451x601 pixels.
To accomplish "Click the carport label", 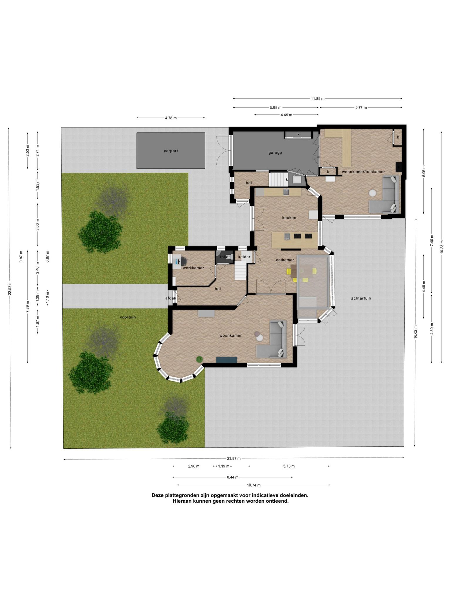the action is click(x=171, y=151).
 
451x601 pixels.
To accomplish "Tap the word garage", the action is click(x=275, y=153).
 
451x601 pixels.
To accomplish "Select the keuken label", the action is click(x=289, y=218).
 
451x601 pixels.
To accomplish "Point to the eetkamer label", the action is click(x=285, y=260).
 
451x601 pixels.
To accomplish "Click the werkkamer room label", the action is click(x=193, y=268).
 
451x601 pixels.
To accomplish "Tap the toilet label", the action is click(x=225, y=257).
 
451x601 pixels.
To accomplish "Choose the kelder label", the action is click(x=244, y=257).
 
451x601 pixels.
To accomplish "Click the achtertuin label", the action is click(x=361, y=298).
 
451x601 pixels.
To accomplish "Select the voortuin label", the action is click(x=128, y=317).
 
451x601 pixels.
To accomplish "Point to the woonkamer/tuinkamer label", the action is click(x=363, y=172).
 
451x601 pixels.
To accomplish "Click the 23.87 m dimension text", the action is click(x=234, y=458).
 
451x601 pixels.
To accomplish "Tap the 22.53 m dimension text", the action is click(x=10, y=288).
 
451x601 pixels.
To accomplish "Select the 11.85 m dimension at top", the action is click(x=318, y=99).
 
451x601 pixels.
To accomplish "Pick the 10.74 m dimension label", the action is click(x=254, y=485).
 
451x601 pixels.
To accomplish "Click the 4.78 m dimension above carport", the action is click(x=171, y=118).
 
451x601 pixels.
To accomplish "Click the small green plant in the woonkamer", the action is click(x=200, y=359).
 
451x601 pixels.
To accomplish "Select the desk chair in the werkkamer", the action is click(x=184, y=260).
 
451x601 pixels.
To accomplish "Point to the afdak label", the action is click(x=171, y=298).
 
